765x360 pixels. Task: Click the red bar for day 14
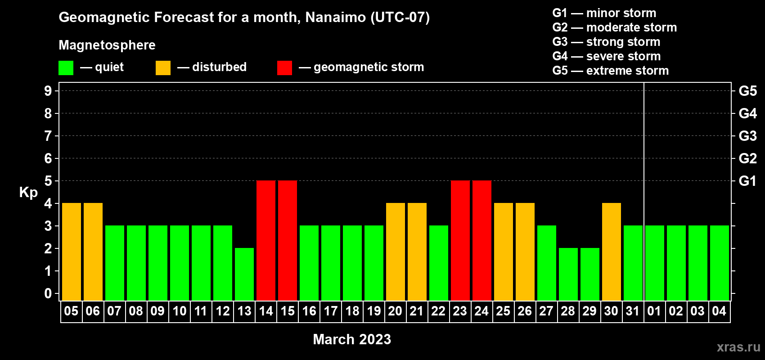click(x=266, y=240)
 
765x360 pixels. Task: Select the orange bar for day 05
click(x=72, y=252)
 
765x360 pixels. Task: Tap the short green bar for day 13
click(x=244, y=274)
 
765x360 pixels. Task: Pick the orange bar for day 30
click(x=612, y=252)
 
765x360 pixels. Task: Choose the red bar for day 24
click(x=482, y=240)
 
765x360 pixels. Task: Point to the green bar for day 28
click(x=568, y=274)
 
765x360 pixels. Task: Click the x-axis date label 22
click(x=438, y=311)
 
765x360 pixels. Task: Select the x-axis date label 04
click(x=719, y=311)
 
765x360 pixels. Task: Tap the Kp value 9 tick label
click(x=48, y=91)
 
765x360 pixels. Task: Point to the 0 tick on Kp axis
click(x=48, y=293)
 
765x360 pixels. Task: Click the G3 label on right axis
click(x=747, y=136)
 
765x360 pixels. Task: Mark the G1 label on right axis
click(x=747, y=181)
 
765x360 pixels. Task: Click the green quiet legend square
click(x=66, y=67)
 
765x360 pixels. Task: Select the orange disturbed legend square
click(x=163, y=67)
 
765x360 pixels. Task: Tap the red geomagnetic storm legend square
click(x=285, y=67)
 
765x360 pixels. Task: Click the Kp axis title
click(x=28, y=193)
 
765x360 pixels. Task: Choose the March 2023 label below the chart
click(x=352, y=339)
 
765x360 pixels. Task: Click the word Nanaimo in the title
click(x=335, y=17)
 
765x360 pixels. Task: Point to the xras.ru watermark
click(x=738, y=347)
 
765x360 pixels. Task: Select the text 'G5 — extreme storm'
click(x=610, y=71)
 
